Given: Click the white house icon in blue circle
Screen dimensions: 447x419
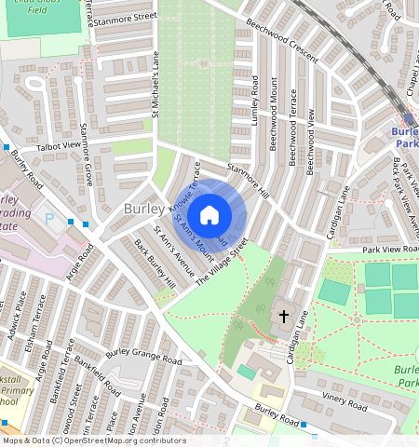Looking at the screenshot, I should [209, 214].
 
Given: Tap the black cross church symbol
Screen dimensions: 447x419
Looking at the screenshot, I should [284, 318].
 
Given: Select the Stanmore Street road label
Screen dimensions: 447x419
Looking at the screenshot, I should [128, 16].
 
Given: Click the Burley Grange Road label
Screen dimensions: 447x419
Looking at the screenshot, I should [143, 354].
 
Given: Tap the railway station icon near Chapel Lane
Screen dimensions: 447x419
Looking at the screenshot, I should [409, 118].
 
